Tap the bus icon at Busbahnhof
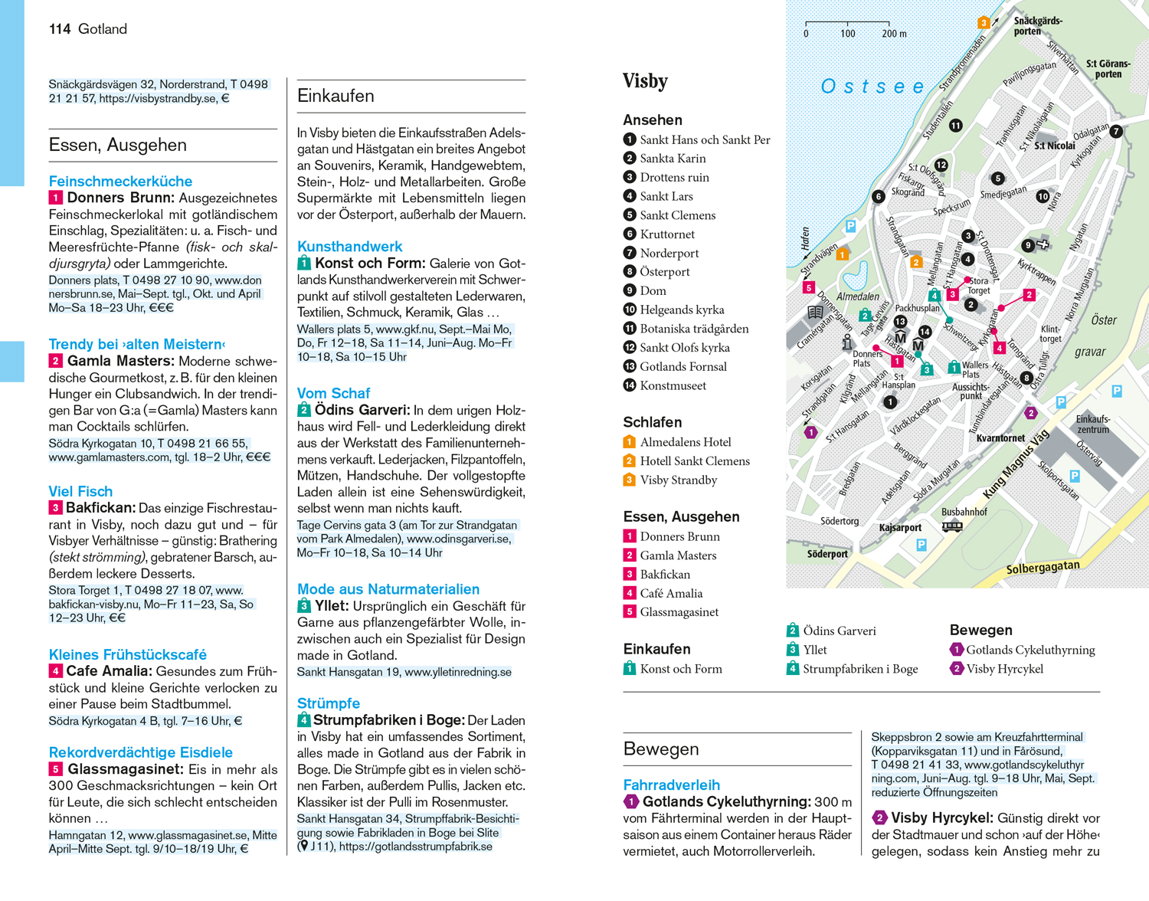point(951,526)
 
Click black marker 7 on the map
point(1116,131)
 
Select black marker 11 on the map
point(955,126)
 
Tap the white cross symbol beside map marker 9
point(1043,244)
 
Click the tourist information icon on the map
point(847,342)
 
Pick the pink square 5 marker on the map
point(808,288)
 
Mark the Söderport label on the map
point(827,553)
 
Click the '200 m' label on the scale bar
point(894,34)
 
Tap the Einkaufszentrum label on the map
point(1093,424)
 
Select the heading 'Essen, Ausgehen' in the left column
point(117,145)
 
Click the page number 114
point(60,29)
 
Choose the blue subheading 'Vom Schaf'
point(333,393)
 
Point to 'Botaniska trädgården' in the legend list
point(694,329)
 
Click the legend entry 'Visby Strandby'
point(678,480)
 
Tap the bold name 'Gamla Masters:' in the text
point(120,361)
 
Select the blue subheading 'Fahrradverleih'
point(671,785)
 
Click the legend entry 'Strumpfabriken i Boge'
point(859,669)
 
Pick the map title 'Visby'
point(645,81)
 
